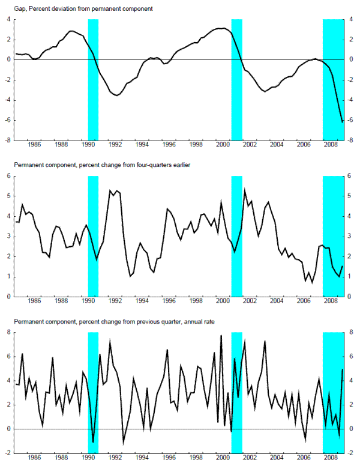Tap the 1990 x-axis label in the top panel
click(x=88, y=145)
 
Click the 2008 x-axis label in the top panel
click(x=330, y=145)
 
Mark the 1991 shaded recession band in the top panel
click(x=93, y=78)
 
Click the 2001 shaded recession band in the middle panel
click(x=236, y=234)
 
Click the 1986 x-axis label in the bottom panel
click(x=34, y=458)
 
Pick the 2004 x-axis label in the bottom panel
click(x=276, y=458)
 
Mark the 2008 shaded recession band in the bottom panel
click(x=333, y=390)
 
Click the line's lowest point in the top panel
click(x=343, y=122)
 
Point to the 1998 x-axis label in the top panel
click(x=196, y=145)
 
